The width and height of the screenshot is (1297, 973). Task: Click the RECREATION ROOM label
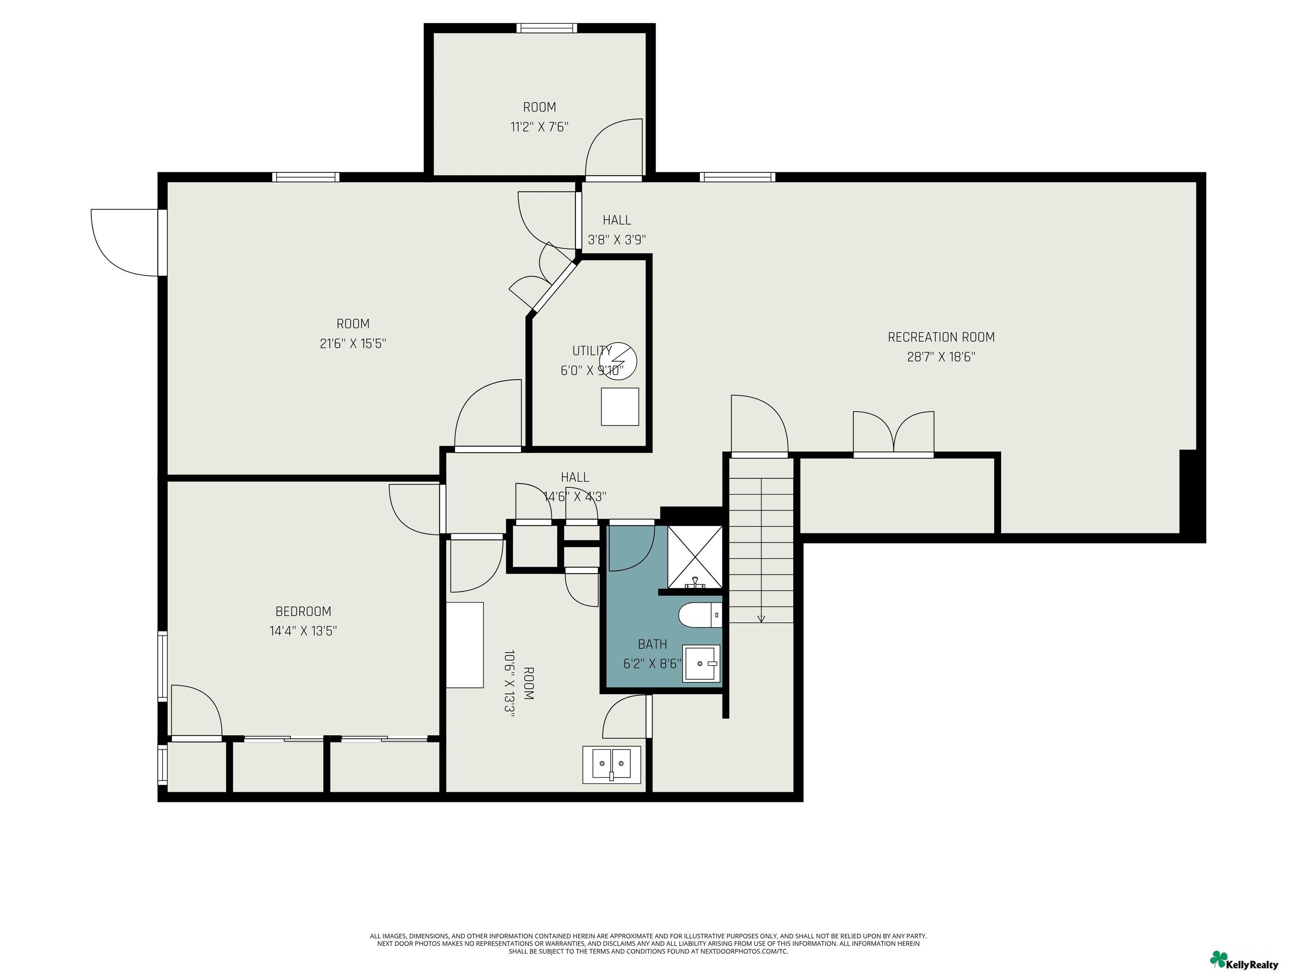(x=941, y=337)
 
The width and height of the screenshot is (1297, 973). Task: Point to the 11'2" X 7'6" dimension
(x=540, y=127)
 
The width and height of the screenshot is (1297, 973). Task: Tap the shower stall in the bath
(x=695, y=557)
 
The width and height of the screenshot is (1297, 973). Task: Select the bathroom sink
(x=701, y=663)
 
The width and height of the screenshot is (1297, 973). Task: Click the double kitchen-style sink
(x=612, y=765)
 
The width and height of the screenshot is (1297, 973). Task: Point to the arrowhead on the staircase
(x=761, y=618)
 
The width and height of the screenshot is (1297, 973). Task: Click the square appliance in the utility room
(x=620, y=406)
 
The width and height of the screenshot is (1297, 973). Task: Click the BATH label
(x=653, y=644)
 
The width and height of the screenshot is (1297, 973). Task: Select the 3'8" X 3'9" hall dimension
(x=617, y=240)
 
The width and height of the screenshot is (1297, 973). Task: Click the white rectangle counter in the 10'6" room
(x=465, y=644)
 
